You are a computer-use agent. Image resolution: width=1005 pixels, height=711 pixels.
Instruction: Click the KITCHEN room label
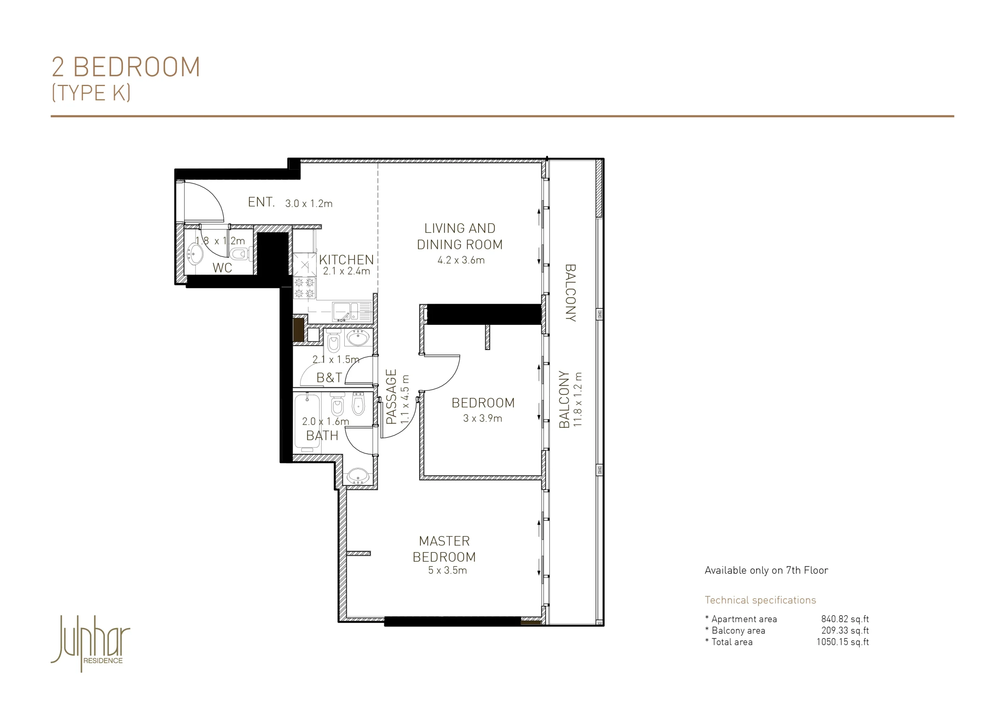pyautogui.click(x=346, y=260)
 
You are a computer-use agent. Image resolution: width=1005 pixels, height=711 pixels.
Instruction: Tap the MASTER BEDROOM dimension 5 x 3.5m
pyautogui.click(x=448, y=570)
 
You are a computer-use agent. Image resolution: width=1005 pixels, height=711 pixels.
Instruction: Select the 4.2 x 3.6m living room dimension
pyautogui.click(x=461, y=260)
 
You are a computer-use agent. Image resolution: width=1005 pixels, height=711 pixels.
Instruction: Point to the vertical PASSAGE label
pyautogui.click(x=391, y=396)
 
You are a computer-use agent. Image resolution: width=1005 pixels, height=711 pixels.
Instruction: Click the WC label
pyautogui.click(x=222, y=268)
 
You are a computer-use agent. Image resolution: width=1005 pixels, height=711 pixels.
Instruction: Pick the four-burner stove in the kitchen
pyautogui.click(x=304, y=288)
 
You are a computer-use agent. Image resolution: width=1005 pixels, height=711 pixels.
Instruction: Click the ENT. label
pyautogui.click(x=261, y=202)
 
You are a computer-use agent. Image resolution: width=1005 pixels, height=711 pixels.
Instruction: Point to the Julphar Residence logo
pyautogui.click(x=91, y=643)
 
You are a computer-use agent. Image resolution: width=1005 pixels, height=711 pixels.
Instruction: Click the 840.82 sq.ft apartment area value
pyautogui.click(x=845, y=619)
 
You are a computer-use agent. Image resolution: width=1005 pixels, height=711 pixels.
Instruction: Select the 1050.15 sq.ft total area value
pyautogui.click(x=842, y=641)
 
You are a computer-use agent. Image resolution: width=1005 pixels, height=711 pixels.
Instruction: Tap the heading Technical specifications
pyautogui.click(x=760, y=600)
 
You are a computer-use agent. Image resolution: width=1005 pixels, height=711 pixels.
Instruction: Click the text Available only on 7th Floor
pyautogui.click(x=766, y=570)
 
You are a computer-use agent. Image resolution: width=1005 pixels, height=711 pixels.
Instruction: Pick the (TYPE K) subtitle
pyautogui.click(x=91, y=92)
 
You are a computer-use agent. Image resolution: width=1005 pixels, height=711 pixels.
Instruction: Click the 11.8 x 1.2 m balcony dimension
pyautogui.click(x=578, y=399)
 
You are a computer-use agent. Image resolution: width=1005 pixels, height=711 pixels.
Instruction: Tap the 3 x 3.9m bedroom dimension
pyautogui.click(x=482, y=418)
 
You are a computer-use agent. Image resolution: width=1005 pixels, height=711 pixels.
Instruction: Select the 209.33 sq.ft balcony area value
pyautogui.click(x=845, y=630)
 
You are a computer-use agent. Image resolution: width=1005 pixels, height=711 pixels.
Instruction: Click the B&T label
pyautogui.click(x=329, y=377)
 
